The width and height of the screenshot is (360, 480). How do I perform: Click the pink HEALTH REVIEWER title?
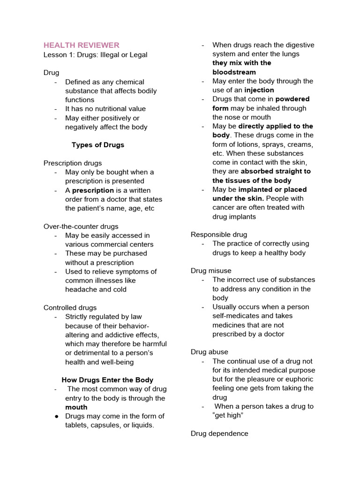[x=81, y=45]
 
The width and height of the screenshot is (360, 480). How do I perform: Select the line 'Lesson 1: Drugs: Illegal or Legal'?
[x=95, y=55]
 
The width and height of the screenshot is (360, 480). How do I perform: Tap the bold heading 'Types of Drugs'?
[x=98, y=145]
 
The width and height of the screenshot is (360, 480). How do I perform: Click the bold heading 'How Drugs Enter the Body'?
[x=107, y=380]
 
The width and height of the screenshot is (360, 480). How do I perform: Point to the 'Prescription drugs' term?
[x=73, y=163]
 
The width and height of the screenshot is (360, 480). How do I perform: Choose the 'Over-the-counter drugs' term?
[x=81, y=226]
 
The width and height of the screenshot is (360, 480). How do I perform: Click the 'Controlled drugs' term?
[x=70, y=307]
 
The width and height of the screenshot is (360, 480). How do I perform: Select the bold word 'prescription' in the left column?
[x=93, y=190]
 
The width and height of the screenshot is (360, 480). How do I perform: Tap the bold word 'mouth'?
[x=76, y=407]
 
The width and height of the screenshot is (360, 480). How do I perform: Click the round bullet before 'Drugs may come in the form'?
[x=56, y=416]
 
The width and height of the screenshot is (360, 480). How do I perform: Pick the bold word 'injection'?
[x=259, y=90]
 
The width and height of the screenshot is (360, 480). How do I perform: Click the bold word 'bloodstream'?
[x=234, y=72]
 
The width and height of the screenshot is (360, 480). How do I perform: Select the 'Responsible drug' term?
[x=219, y=234]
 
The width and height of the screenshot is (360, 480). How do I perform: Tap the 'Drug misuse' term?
[x=211, y=271]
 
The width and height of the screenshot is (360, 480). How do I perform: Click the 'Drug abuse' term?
[x=210, y=352]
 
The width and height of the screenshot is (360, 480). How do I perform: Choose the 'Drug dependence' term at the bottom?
[x=219, y=434]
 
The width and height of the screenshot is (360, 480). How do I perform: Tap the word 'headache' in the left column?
[x=81, y=289]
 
